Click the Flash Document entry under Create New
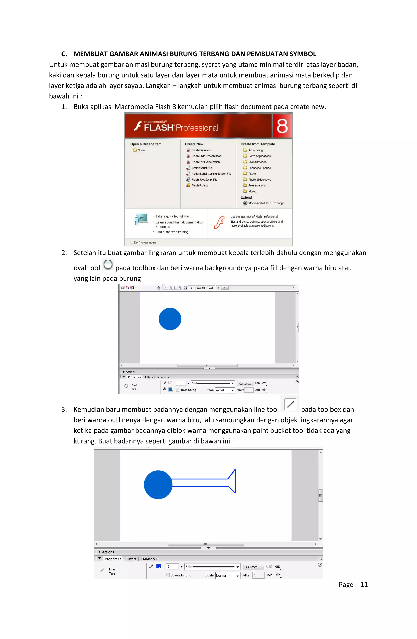point(201,150)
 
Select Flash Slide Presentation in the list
point(206,156)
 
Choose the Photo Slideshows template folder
point(259,180)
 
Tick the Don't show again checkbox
point(132,242)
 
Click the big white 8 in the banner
point(282,126)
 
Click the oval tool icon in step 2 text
point(108,264)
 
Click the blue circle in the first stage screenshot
point(170,319)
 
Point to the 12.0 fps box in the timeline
point(201,288)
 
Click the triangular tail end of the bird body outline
point(233,481)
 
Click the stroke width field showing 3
point(172,567)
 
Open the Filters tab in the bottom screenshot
point(131,559)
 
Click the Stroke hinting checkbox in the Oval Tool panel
point(177,390)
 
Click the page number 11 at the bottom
point(364,585)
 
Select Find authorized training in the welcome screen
point(172,232)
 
